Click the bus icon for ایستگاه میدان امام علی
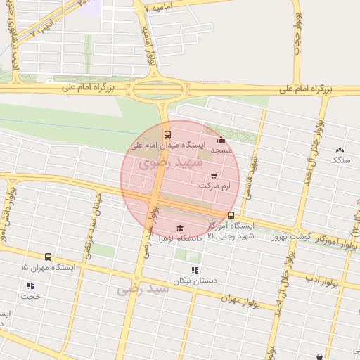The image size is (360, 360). pos(167,134)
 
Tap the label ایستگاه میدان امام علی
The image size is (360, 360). pos(167,146)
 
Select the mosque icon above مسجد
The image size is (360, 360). pos(221,140)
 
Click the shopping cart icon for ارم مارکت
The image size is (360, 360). pos(214,176)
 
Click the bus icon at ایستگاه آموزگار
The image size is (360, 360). pos(231,215)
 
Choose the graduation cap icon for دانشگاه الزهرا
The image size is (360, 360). pos(180,228)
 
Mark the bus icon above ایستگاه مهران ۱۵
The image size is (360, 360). pos(48,257)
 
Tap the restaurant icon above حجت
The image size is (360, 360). pos(30,285)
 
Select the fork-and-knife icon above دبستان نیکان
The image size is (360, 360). pos(195,270)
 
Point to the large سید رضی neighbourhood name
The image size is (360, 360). pos(144,288)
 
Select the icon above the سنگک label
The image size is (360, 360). pos(341,150)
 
